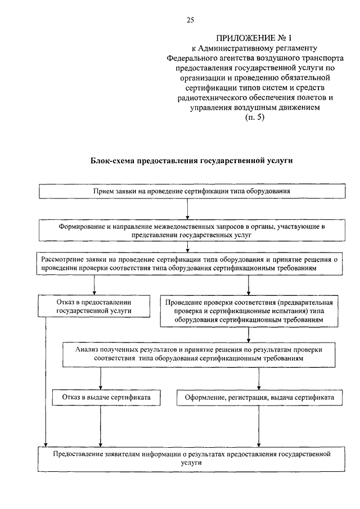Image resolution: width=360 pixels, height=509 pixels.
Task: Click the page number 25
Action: (190, 20)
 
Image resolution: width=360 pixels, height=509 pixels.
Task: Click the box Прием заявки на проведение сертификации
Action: (192, 191)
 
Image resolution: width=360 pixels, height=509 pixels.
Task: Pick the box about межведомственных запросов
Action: (192, 230)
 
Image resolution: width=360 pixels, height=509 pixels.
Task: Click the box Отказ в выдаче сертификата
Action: (102, 398)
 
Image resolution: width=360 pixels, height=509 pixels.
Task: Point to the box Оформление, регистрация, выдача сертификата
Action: (259, 398)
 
